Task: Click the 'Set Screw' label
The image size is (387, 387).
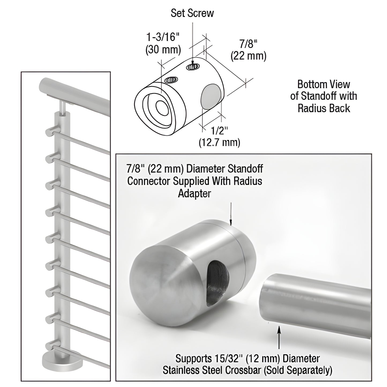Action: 192,13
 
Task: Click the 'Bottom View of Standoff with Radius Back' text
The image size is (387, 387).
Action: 324,96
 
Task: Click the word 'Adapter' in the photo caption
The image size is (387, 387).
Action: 194,193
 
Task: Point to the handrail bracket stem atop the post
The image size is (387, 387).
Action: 62,107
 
